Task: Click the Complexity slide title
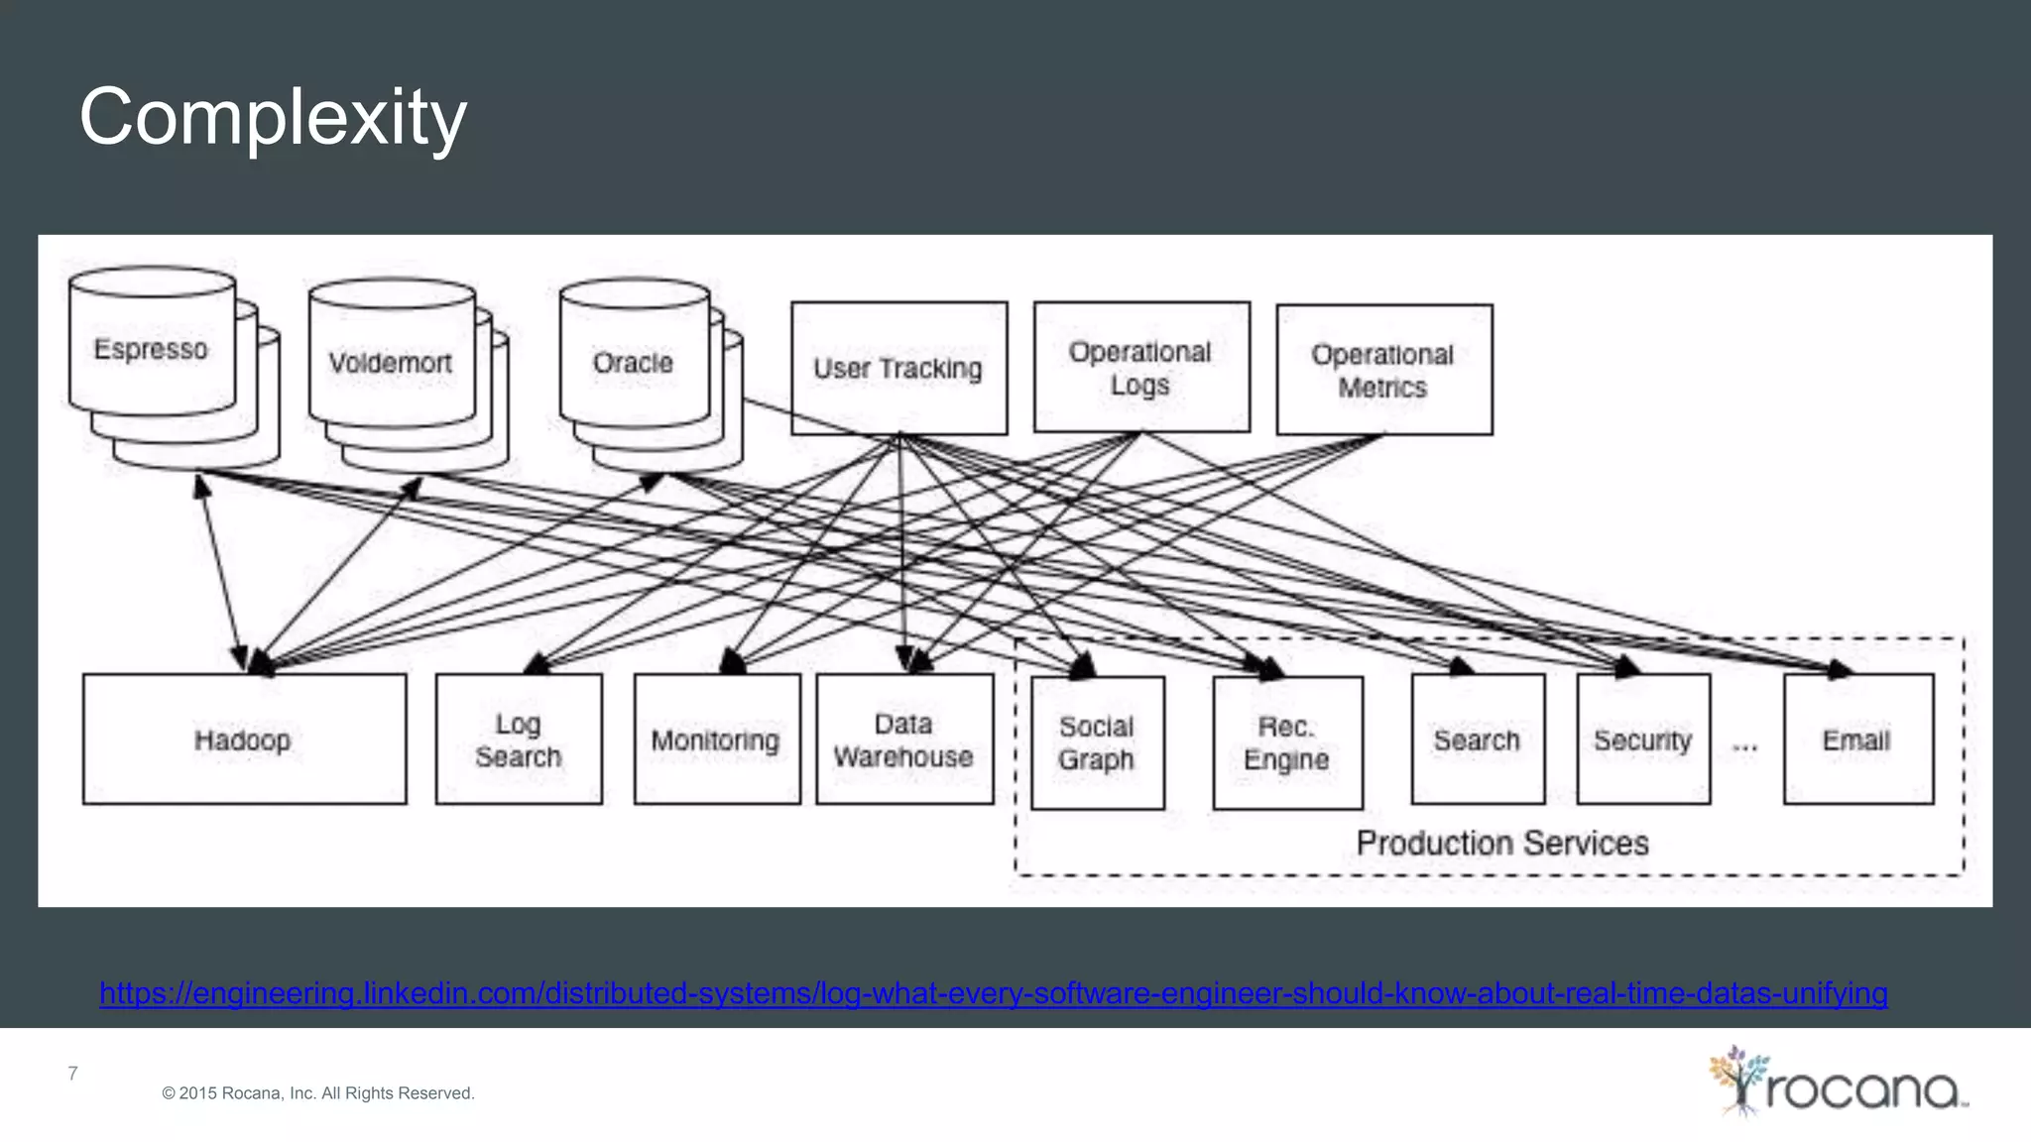click(273, 117)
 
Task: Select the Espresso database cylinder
click(152, 349)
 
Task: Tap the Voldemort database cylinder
click(391, 363)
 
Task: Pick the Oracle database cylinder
click(634, 363)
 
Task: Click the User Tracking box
click(898, 368)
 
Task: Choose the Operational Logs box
click(1141, 368)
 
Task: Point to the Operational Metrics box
click(1383, 370)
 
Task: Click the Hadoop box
click(244, 740)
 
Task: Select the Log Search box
click(519, 740)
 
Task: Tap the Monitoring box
click(716, 740)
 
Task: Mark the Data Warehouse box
click(903, 740)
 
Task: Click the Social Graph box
click(1097, 742)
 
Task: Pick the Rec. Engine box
click(1287, 742)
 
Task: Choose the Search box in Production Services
click(1478, 740)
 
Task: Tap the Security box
click(1643, 740)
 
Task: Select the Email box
click(1857, 740)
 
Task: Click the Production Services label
click(1502, 843)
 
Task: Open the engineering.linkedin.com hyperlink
click(993, 992)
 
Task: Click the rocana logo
click(1838, 1084)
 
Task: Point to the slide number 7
click(72, 1073)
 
